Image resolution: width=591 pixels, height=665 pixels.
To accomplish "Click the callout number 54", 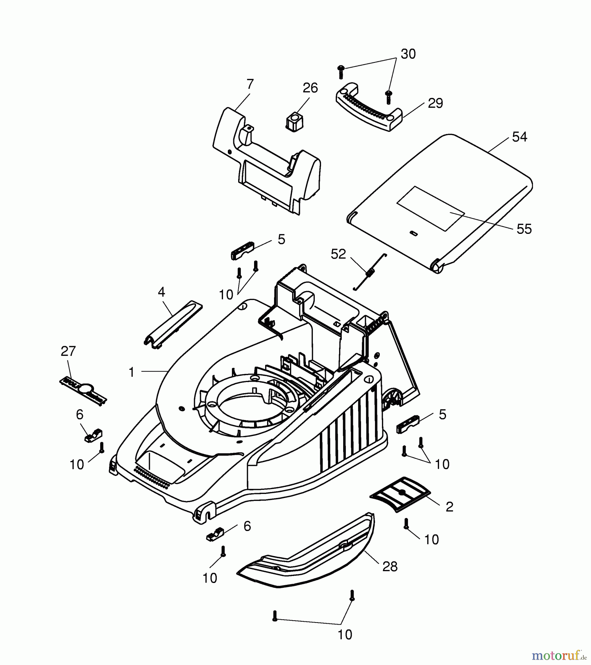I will pos(519,137).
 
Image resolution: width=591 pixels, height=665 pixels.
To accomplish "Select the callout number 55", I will pos(524,229).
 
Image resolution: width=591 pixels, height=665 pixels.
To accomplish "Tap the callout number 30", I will pos(408,54).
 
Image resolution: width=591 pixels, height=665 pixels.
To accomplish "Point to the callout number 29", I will pos(435,103).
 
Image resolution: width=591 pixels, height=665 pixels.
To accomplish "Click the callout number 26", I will pos(310,88).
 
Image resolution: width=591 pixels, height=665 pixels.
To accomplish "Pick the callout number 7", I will pos(250,84).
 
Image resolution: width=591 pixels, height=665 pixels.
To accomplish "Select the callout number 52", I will pos(338,254).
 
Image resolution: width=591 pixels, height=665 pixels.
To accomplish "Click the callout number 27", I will pos(68,351).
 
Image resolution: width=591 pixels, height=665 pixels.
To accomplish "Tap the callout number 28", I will pos(389,566).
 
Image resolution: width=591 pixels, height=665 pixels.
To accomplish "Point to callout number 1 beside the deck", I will pos(131,372).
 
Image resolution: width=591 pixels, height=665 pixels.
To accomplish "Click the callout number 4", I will pos(161,292).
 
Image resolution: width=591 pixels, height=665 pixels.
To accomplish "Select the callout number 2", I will pos(449,507).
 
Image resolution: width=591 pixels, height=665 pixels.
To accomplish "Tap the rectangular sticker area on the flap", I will pos(430,209).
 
